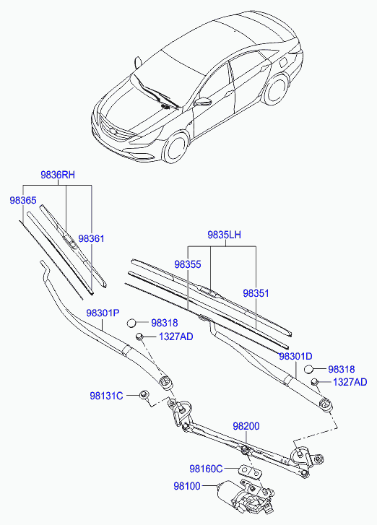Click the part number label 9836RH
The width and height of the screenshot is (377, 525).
[x=58, y=175]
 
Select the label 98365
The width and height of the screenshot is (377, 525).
[x=23, y=200]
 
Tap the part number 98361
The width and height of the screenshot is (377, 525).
[x=91, y=238]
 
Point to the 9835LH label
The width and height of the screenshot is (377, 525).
[x=224, y=235]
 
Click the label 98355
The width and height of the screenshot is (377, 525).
[x=188, y=264]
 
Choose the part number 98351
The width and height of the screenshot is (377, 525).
[x=256, y=293]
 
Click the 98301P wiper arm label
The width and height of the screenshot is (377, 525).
[x=103, y=313]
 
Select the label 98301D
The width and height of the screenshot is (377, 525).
[x=295, y=356]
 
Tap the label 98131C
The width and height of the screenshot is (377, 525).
[x=106, y=396]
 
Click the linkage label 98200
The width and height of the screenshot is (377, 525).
[x=246, y=426]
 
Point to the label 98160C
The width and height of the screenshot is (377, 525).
[x=206, y=469]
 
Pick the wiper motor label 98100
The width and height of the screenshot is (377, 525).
[x=187, y=486]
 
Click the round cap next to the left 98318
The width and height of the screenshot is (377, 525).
[x=131, y=323]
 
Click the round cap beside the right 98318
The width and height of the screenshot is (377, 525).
[x=308, y=369]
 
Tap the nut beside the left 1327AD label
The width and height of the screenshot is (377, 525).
[x=139, y=336]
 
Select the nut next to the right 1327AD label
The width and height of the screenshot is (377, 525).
[x=315, y=382]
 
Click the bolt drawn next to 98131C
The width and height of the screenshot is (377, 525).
[x=144, y=394]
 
